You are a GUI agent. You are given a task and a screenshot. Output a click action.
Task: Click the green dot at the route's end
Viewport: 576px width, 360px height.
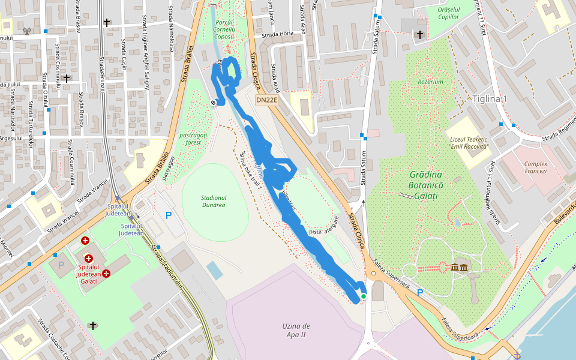(x=364, y=296)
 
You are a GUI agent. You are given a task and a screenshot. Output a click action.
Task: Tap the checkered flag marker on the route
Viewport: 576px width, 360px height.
(x=213, y=103)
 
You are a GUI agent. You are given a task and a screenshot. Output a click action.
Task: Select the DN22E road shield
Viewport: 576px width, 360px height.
(x=266, y=100)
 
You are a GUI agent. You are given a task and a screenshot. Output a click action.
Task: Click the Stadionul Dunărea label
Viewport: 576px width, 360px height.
(x=214, y=201)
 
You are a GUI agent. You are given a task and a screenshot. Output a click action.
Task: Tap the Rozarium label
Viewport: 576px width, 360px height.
(x=431, y=82)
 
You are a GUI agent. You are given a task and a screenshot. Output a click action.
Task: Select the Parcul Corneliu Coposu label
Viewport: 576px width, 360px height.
(x=224, y=29)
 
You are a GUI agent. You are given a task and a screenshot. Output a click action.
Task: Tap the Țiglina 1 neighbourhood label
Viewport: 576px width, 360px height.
(x=490, y=99)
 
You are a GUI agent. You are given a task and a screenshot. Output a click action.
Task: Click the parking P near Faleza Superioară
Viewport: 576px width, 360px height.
(x=420, y=292)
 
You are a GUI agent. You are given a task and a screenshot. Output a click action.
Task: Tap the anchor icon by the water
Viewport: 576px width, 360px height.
(x=517, y=356)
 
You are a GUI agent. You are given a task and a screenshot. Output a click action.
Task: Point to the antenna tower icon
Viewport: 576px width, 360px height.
(x=26, y=31)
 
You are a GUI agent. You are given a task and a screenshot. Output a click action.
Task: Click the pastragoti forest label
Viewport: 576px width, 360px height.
(x=193, y=139)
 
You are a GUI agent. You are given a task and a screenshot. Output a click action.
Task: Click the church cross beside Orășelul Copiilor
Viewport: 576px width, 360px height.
(x=420, y=35)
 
